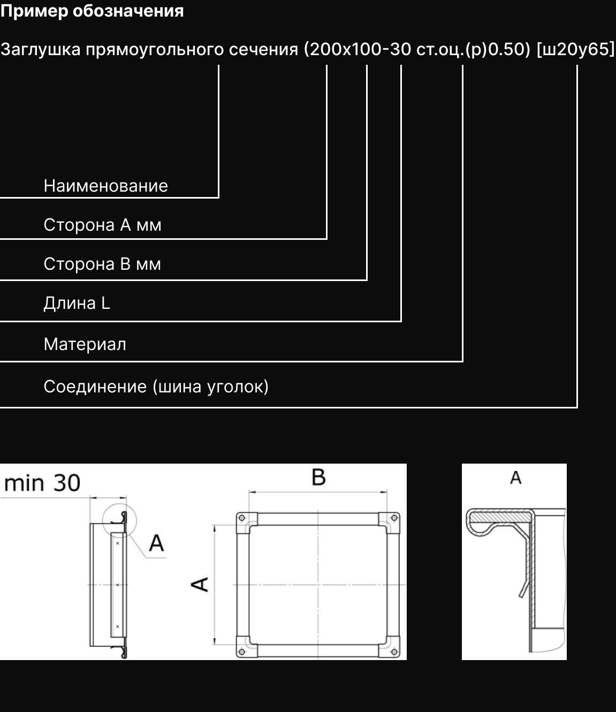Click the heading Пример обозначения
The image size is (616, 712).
92,11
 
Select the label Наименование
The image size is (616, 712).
105,186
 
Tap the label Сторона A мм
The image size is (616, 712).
102,225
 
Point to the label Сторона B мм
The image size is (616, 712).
102,264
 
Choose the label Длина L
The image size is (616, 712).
77,304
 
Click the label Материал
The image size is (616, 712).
85,344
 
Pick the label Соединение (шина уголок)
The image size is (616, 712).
156,387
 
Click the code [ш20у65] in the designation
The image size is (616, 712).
575,49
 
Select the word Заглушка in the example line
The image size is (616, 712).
41,49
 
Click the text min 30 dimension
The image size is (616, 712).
42,483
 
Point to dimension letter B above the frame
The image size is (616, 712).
318,476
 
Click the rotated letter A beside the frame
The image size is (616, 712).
200,584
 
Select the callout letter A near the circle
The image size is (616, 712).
156,543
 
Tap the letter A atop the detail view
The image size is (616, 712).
515,477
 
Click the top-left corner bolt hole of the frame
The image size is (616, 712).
242,518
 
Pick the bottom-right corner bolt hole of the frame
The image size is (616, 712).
395,652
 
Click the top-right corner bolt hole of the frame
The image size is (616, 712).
395,518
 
